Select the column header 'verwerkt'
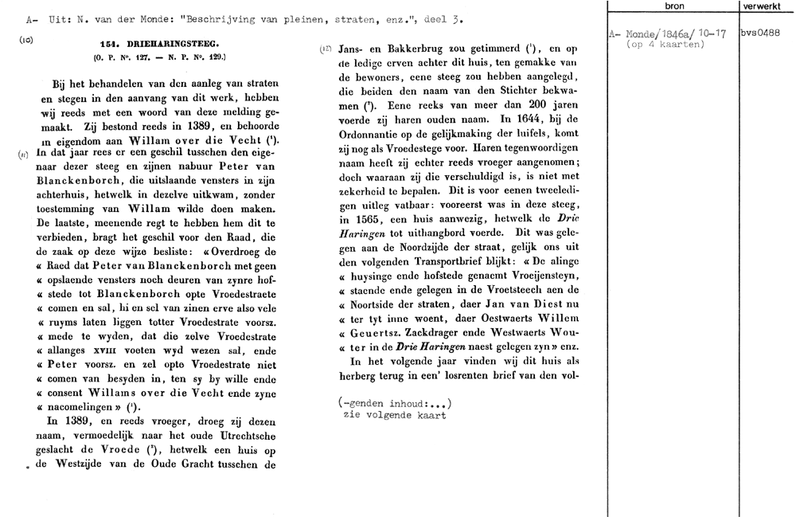tap(767, 6)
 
